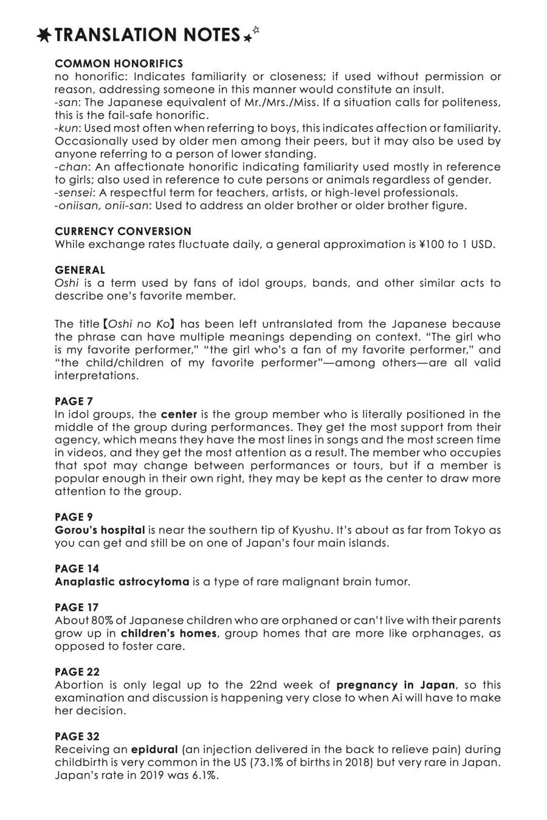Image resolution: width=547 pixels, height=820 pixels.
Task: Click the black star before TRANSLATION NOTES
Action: (44, 36)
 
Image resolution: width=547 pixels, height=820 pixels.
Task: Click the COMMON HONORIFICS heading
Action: (119, 64)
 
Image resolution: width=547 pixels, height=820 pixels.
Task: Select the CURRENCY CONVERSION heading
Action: (123, 231)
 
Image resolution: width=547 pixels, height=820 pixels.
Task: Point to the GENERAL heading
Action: (80, 270)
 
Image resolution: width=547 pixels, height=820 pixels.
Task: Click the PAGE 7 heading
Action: (74, 401)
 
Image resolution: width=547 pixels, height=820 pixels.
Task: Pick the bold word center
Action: (179, 415)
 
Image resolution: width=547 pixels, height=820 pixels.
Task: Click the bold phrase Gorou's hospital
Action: (100, 530)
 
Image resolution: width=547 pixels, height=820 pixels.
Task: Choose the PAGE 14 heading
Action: (77, 569)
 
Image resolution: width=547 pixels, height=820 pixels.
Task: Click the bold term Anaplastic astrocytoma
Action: (122, 582)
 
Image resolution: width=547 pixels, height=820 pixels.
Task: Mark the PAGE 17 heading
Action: (77, 607)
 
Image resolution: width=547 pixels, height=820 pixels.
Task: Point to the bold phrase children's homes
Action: (168, 634)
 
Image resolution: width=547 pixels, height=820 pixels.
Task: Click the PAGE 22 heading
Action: (77, 672)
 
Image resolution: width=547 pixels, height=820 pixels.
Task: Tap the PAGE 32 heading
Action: (77, 737)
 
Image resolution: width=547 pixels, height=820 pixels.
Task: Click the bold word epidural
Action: (154, 750)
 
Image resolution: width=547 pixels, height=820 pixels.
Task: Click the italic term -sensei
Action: (73, 193)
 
